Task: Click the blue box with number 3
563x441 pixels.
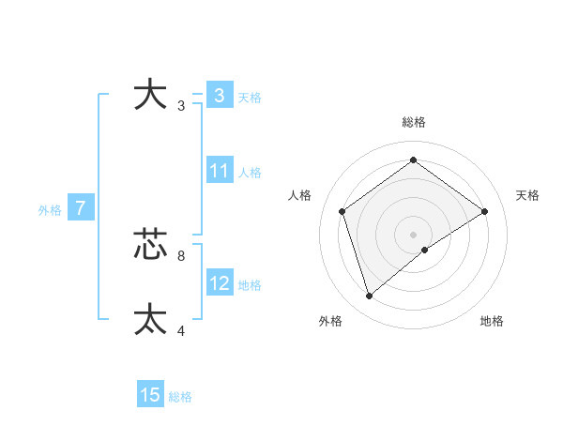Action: pyautogui.click(x=219, y=96)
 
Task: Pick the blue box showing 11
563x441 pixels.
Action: pyautogui.click(x=220, y=171)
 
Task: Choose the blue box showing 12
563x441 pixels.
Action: pyautogui.click(x=220, y=283)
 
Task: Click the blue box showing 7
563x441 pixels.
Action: pyautogui.click(x=81, y=209)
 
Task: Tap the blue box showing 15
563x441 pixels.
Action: pyautogui.click(x=150, y=395)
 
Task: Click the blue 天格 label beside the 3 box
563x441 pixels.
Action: pyautogui.click(x=250, y=98)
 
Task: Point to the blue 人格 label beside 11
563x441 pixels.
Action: pyautogui.click(x=250, y=173)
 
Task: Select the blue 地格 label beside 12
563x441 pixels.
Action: pyautogui.click(x=250, y=285)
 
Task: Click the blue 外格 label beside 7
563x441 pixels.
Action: pyautogui.click(x=50, y=211)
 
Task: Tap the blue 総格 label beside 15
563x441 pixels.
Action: pyautogui.click(x=180, y=397)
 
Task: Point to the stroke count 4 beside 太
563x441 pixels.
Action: pyautogui.click(x=180, y=330)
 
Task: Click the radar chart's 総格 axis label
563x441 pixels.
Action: pyautogui.click(x=413, y=123)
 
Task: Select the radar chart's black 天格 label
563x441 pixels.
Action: pyautogui.click(x=527, y=195)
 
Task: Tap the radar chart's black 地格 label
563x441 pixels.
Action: pyautogui.click(x=492, y=321)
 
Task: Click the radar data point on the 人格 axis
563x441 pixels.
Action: pyautogui.click(x=342, y=211)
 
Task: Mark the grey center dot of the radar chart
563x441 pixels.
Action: pyautogui.click(x=413, y=234)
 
